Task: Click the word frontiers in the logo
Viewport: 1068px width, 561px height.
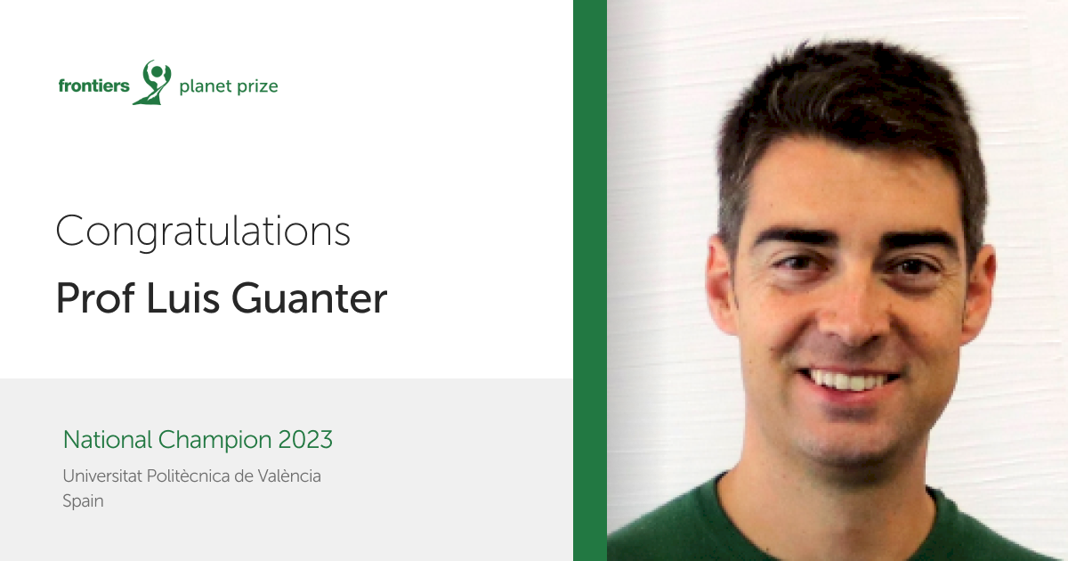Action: point(94,85)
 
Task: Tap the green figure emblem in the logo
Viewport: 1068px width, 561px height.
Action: point(152,82)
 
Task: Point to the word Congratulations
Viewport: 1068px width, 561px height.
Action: point(203,232)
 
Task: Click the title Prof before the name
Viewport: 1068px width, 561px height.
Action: point(95,298)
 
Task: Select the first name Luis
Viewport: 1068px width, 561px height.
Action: point(182,298)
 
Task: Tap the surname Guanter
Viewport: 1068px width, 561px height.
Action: point(310,298)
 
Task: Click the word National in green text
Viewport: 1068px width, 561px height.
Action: point(108,439)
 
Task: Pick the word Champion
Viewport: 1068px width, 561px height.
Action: point(215,441)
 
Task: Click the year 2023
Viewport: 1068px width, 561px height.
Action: point(305,440)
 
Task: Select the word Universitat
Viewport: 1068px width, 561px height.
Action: point(102,476)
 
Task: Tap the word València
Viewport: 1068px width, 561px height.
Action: point(289,476)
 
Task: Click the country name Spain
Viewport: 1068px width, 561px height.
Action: point(83,502)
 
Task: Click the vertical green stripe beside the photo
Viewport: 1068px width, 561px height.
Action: point(590,280)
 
